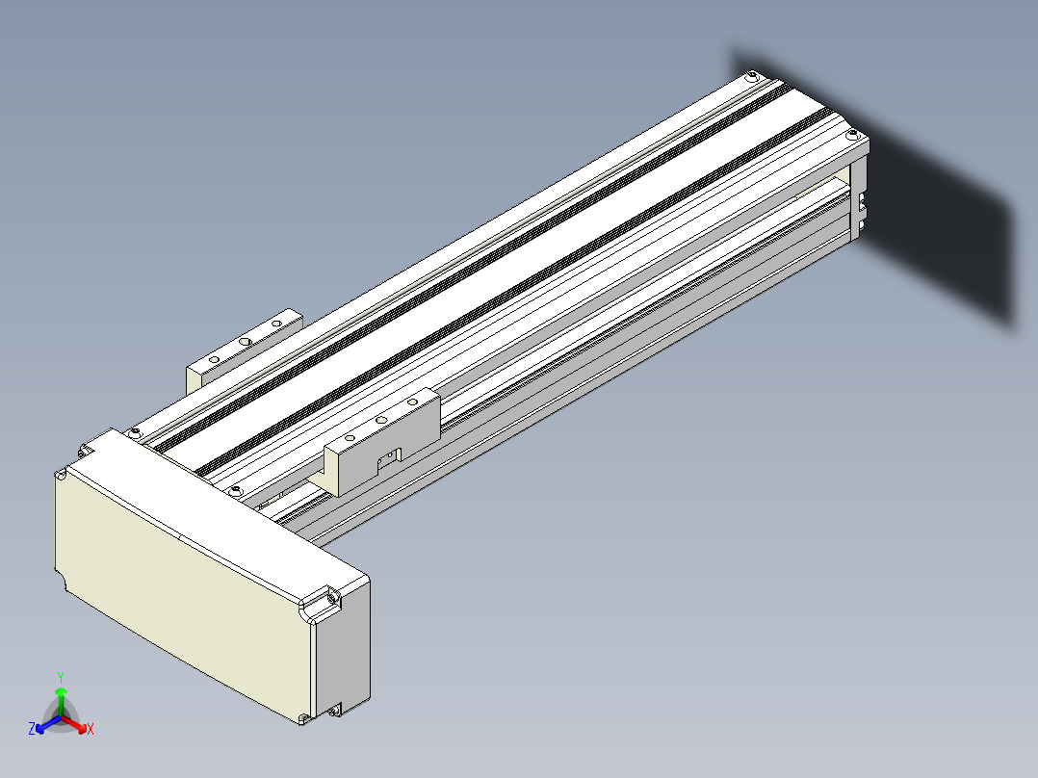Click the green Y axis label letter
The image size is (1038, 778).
[x=61, y=677]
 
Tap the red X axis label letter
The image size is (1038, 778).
[x=91, y=729]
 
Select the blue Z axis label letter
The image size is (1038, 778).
[x=32, y=728]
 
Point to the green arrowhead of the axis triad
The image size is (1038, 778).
[x=61, y=692]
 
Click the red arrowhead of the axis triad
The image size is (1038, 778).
[x=82, y=728]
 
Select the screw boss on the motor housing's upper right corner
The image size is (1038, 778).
[x=330, y=597]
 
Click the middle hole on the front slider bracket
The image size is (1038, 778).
[x=380, y=420]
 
